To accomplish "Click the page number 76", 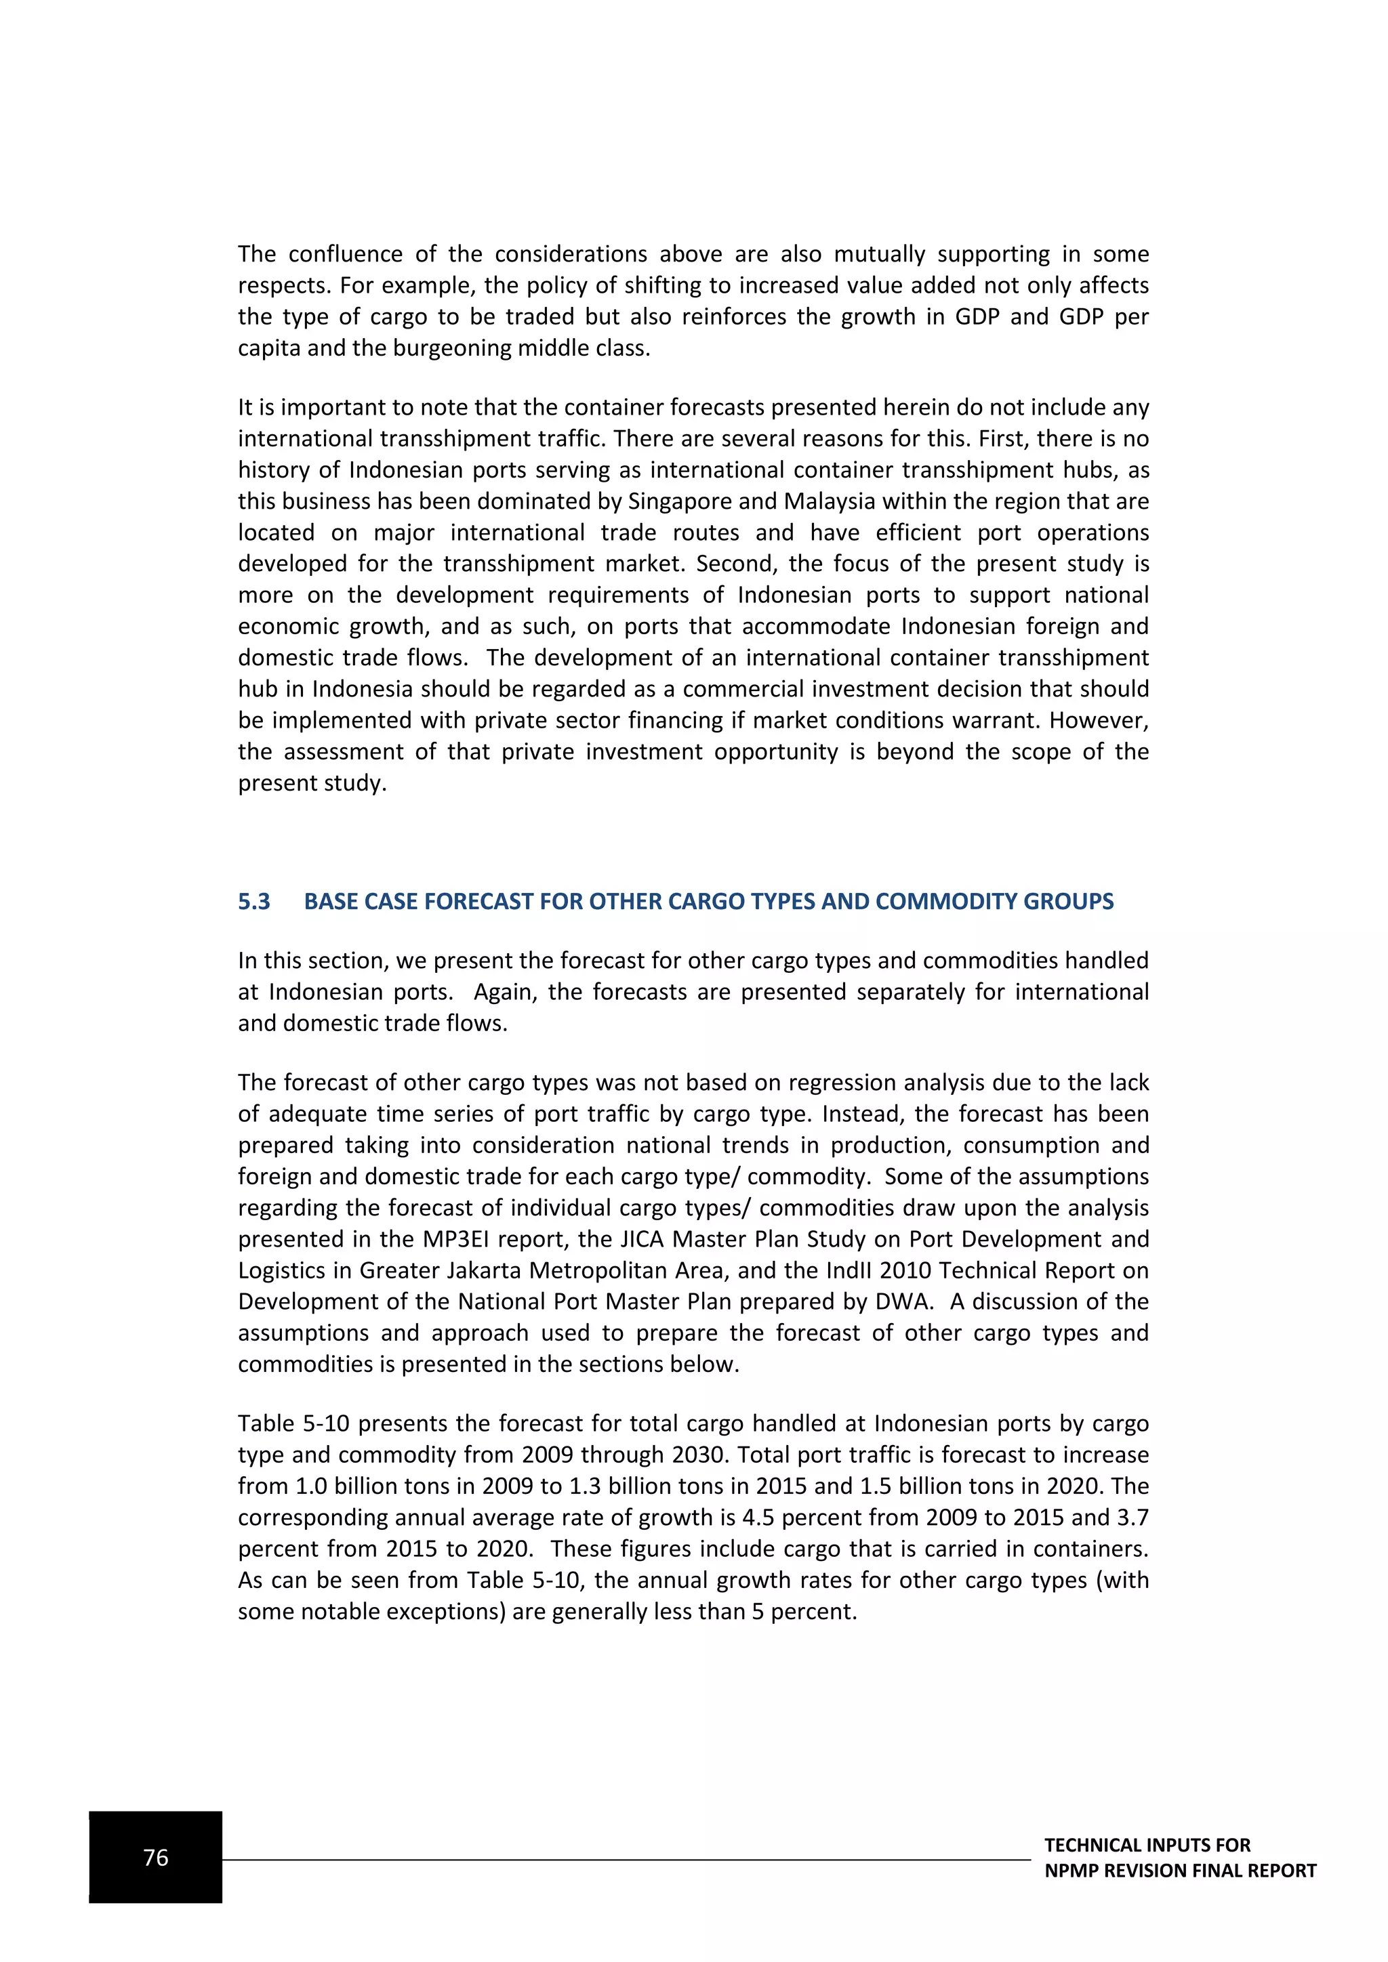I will click(x=156, y=1857).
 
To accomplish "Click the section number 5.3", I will click(x=254, y=902).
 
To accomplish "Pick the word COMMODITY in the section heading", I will click(x=933, y=902).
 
